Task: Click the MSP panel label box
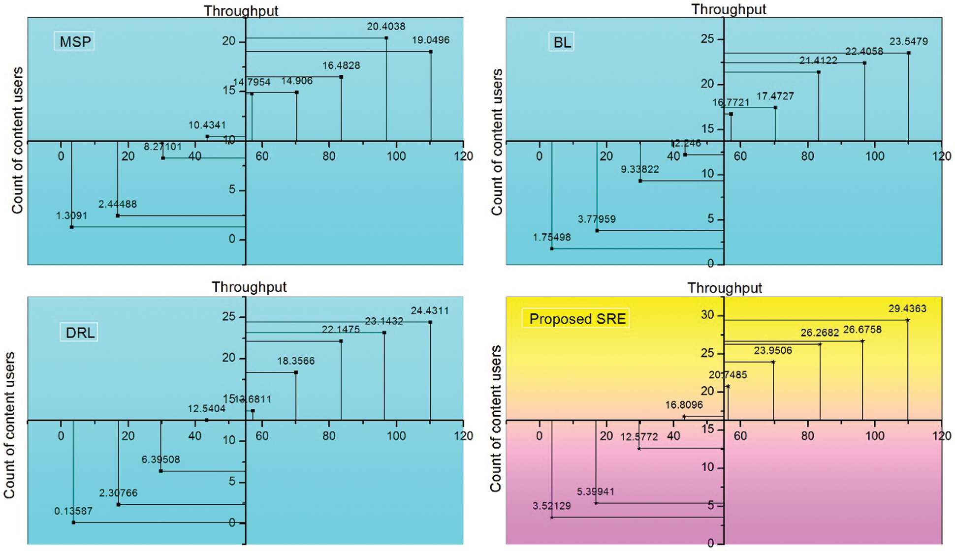75,42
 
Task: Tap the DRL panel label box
80,333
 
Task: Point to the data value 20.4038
386,27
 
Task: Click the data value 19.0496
431,40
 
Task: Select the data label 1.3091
71,215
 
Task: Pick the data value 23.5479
908,41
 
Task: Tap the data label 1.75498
551,237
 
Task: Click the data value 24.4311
430,311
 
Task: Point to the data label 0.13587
73,511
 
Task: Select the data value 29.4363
907,308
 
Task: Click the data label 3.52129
551,506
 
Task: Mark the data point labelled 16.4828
341,77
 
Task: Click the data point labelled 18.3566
296,372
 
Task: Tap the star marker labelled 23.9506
773,362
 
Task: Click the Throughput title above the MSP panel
241,10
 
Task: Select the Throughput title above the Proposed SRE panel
725,288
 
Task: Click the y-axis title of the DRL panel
10,426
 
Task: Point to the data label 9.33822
639,170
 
